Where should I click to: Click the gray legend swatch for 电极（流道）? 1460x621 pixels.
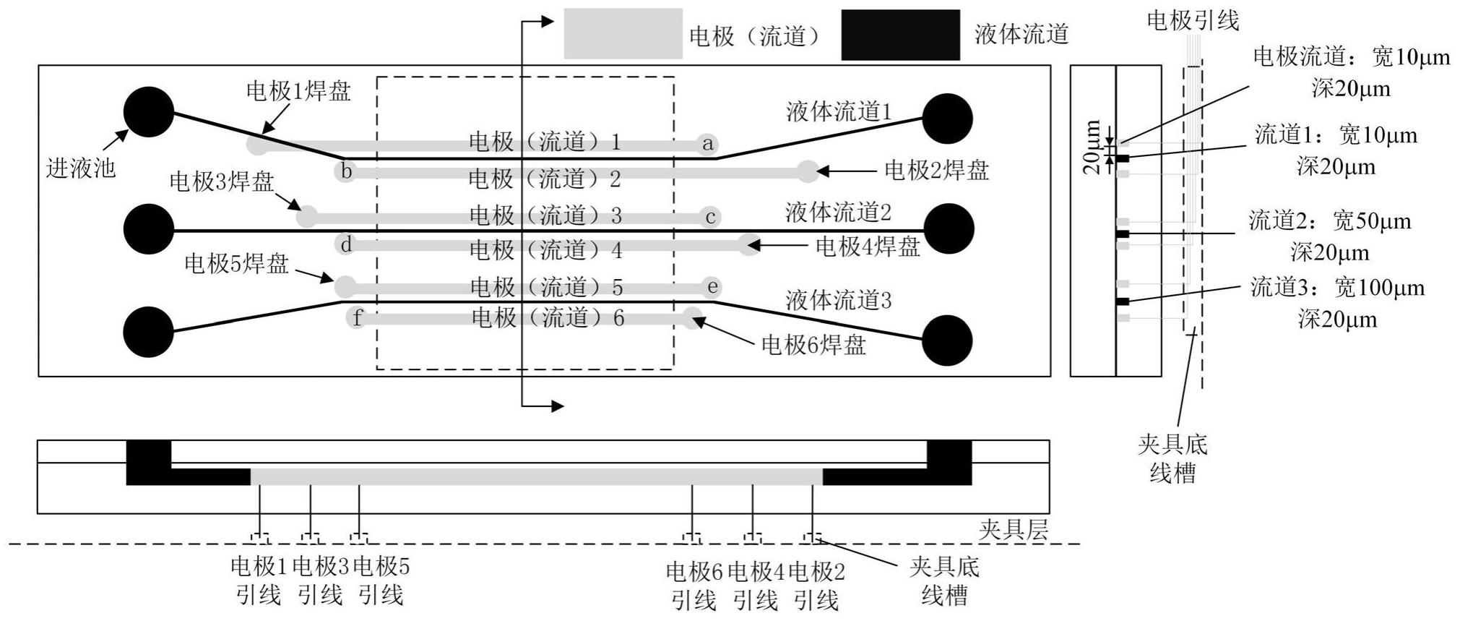[x=623, y=34]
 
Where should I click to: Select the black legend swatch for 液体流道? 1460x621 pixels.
[x=900, y=34]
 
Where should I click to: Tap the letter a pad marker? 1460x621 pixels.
[x=708, y=144]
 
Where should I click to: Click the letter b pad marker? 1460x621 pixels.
[x=347, y=171]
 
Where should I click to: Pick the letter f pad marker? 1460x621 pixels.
[x=357, y=317]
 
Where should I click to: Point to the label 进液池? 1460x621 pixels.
[x=81, y=168]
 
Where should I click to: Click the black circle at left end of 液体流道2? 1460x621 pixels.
[x=149, y=229]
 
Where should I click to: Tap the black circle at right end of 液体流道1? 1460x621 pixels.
[x=948, y=118]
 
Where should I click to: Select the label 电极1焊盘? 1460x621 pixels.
[x=298, y=91]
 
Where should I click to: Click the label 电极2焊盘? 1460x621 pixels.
[x=937, y=171]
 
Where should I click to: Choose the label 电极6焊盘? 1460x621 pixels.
[x=813, y=346]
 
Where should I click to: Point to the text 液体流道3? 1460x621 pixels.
[x=839, y=300]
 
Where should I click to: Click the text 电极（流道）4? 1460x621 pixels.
[x=546, y=250]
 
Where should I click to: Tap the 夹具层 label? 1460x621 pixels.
[x=1013, y=531]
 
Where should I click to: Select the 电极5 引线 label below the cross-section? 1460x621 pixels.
[x=381, y=581]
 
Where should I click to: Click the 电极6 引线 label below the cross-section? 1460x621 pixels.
[x=694, y=586]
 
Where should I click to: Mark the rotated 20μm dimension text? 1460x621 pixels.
[x=1092, y=147]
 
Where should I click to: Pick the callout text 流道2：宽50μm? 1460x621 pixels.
[x=1330, y=221]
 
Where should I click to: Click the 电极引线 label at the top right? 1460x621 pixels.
[x=1193, y=20]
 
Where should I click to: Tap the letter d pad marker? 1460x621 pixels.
[x=347, y=244]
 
